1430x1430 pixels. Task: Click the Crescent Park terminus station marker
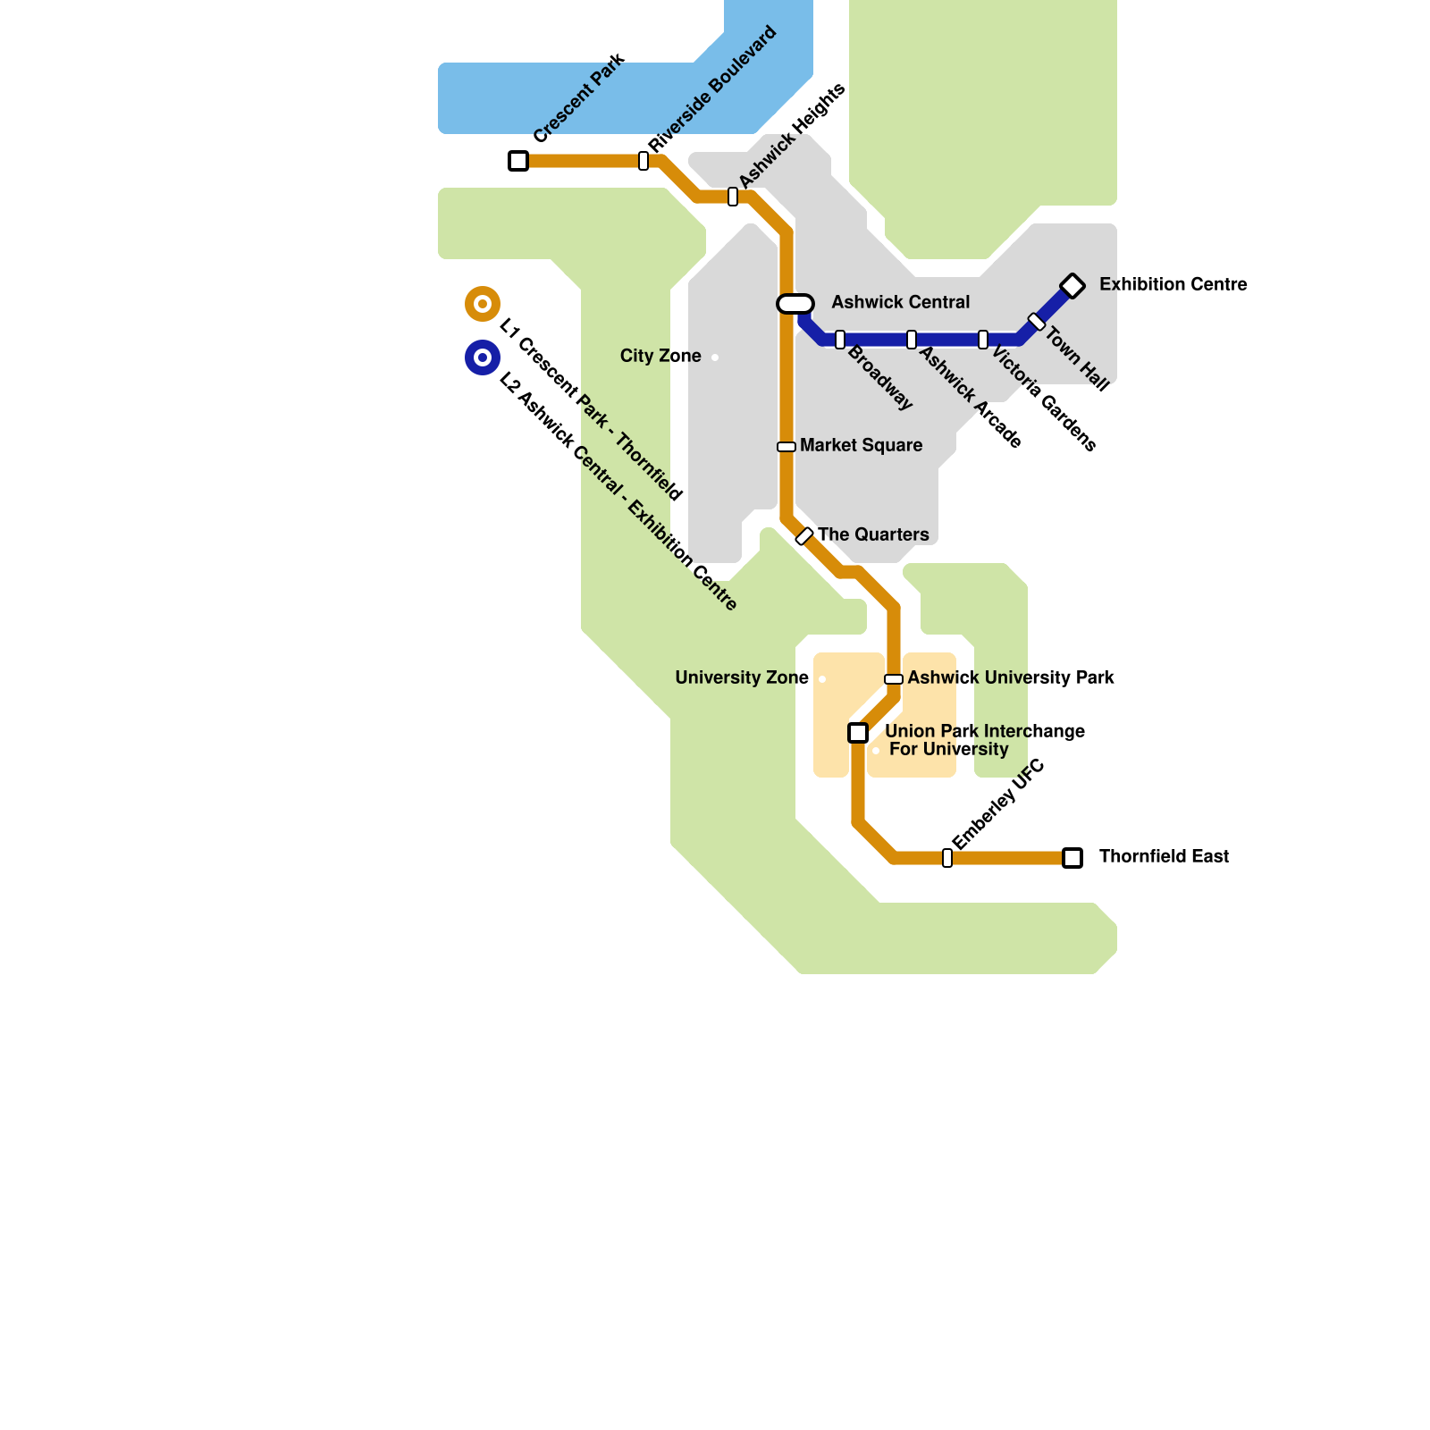coord(518,161)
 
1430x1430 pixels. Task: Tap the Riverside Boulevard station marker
coord(643,161)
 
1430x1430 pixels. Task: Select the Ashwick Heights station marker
coord(733,197)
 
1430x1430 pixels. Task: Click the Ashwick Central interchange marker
coord(795,304)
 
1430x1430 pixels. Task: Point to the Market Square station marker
coord(786,447)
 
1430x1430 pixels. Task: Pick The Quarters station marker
coord(804,536)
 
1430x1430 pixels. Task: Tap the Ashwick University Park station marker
coord(894,679)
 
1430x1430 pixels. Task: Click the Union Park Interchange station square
coord(858,733)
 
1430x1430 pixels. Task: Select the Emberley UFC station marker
coord(947,858)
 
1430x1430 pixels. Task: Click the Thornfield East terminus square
coord(1072,858)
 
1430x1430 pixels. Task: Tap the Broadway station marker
coord(840,340)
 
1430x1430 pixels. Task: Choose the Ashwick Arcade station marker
coord(912,340)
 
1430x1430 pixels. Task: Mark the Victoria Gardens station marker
coord(983,340)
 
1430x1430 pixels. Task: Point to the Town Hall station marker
coord(1037,322)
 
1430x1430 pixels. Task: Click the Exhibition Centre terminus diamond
coord(1072,286)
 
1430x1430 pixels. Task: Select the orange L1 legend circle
coord(483,304)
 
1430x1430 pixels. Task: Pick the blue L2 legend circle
coord(483,357)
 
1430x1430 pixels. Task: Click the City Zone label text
coord(660,357)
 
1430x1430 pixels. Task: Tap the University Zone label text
coord(742,678)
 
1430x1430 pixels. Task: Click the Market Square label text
coord(861,446)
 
